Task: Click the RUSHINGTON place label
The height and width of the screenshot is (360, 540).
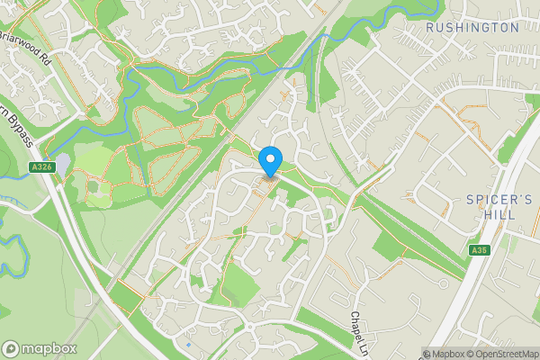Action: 472,27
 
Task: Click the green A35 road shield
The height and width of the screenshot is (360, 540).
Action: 478,249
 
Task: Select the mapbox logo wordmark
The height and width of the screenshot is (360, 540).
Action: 49,348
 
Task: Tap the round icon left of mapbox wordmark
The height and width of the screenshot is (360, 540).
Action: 11,348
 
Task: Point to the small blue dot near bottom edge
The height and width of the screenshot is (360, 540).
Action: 188,344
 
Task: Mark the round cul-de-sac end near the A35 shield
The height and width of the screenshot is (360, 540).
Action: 450,236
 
